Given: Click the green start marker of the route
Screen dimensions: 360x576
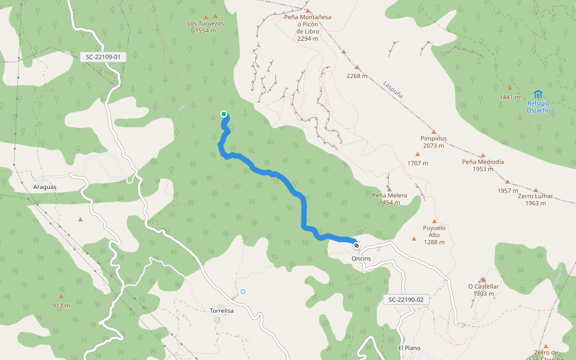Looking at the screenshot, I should (x=224, y=114).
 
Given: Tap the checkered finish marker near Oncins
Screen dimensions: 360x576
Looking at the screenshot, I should (x=356, y=245).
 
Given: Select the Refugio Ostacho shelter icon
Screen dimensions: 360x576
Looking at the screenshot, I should (x=538, y=94).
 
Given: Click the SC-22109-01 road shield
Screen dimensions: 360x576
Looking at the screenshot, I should (x=103, y=57).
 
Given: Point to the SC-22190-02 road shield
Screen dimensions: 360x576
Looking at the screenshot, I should (x=406, y=299).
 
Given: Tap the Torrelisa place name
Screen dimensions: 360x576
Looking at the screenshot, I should (x=222, y=311).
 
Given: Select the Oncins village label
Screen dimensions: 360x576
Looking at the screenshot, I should (x=361, y=259).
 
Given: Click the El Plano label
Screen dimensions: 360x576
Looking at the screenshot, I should (x=409, y=348).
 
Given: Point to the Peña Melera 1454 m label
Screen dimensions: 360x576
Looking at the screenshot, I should (x=389, y=199).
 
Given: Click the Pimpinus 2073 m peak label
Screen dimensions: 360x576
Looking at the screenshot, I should (x=433, y=142).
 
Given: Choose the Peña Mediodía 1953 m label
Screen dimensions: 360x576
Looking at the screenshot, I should (x=483, y=165).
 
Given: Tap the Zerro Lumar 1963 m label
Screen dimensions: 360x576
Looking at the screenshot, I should (x=535, y=199).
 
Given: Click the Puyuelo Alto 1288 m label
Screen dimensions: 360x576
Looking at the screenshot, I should (x=434, y=235).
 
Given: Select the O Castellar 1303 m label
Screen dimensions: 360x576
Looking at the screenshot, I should (x=483, y=290).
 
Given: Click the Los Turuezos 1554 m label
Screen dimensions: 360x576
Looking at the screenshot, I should (x=205, y=27).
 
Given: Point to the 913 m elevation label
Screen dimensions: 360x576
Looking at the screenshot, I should (x=61, y=305).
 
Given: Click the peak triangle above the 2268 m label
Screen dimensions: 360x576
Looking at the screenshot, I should (x=357, y=67).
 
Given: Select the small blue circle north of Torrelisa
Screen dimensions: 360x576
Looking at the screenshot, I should (x=243, y=292).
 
